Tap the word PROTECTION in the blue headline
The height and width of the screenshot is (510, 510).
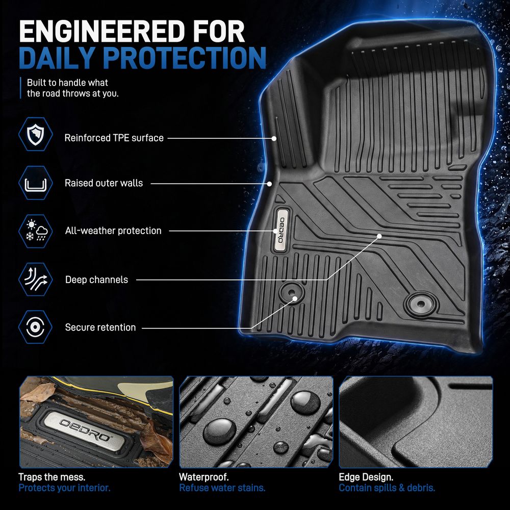185,58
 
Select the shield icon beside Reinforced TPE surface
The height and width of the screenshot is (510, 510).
36,134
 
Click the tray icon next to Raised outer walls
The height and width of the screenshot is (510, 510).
36,183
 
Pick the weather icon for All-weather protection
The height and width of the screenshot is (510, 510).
36,231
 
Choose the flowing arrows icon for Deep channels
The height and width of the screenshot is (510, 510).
36,279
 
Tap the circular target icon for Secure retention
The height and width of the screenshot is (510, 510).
36,327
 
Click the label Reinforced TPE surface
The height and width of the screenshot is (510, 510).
114,138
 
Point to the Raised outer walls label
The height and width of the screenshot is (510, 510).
104,183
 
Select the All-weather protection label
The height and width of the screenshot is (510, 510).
113,231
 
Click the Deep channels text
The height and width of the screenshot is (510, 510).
96,279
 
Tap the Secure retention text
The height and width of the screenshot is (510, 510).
100,327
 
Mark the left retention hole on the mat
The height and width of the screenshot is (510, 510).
291,292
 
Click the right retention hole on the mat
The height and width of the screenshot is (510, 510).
421,304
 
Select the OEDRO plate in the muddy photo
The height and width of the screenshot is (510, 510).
84,431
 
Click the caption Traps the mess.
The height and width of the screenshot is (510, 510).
52,477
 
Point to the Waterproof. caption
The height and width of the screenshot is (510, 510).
204,477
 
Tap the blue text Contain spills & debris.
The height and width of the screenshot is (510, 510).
387,488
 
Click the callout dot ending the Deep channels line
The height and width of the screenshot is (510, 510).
379,236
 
